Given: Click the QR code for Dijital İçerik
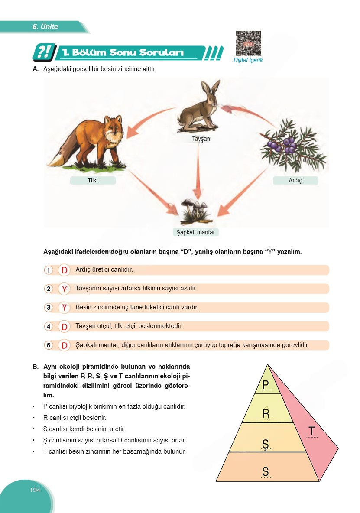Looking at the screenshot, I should coord(248,43).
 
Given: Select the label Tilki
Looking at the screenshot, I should coord(93,180).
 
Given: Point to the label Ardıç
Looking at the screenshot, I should coord(295,180).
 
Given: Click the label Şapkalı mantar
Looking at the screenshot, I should coord(196,232).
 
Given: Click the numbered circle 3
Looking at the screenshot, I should coord(49,308).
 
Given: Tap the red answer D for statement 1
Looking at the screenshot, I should coord(65,270).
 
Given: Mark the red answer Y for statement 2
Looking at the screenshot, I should coord(65,289).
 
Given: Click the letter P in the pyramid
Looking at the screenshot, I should coord(266,384).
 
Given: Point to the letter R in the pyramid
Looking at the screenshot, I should coord(266,413).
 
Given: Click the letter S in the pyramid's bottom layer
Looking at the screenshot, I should coord(266,471).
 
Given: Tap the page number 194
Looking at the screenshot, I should coord(35,490).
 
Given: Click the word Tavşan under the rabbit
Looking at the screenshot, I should coord(201,139).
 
